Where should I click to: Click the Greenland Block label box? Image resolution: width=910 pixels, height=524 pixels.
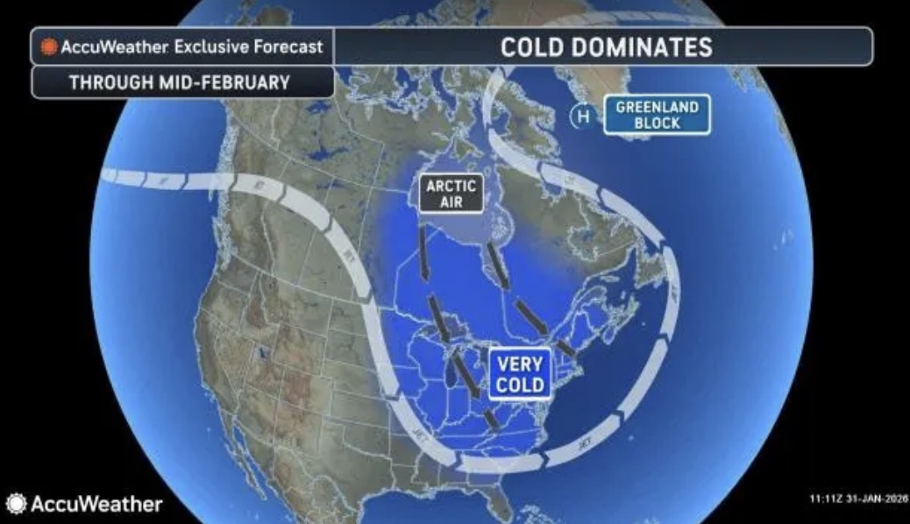(657, 115)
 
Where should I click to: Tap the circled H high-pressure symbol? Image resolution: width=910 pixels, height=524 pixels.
(580, 115)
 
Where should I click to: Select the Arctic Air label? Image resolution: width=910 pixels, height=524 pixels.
(451, 194)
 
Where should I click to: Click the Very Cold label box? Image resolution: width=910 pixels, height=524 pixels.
(519, 374)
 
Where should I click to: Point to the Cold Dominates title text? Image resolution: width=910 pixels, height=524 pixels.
(606, 46)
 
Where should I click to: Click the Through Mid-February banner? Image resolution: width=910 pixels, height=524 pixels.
(180, 83)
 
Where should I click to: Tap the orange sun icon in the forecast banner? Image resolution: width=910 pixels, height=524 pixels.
(48, 47)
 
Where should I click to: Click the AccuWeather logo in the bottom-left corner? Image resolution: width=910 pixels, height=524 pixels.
(84, 504)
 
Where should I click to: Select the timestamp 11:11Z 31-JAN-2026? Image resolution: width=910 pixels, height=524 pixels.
(857, 499)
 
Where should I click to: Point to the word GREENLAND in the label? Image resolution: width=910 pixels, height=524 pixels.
(657, 107)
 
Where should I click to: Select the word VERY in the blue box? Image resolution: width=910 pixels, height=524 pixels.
(519, 364)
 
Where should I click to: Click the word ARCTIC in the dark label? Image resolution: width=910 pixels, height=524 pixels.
(451, 186)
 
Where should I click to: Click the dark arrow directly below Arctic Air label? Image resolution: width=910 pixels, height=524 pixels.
(423, 253)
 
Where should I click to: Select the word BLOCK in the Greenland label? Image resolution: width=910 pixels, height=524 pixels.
(657, 123)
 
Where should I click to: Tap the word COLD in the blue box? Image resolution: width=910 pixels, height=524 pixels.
(519, 386)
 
